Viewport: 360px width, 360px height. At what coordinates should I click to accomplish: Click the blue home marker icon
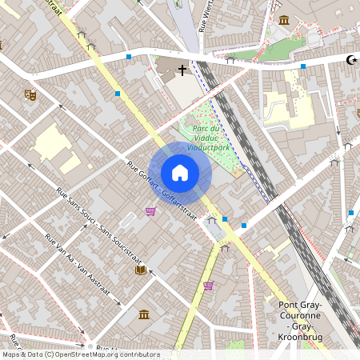click(180, 172)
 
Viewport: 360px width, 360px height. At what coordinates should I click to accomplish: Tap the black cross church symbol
click(182, 70)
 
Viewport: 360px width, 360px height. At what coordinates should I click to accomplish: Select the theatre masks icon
click(30, 94)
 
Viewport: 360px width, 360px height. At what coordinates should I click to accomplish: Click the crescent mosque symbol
click(350, 59)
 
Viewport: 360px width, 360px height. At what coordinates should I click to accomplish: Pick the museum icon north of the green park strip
click(284, 20)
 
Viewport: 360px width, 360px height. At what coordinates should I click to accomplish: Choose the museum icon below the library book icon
click(144, 314)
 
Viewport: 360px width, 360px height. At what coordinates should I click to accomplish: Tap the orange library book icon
click(141, 270)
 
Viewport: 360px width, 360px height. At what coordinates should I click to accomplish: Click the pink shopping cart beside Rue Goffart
click(150, 211)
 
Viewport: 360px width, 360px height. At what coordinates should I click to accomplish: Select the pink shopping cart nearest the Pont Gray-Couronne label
click(209, 285)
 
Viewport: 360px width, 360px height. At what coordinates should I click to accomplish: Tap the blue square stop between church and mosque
click(302, 66)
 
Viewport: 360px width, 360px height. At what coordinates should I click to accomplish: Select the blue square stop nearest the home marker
click(225, 218)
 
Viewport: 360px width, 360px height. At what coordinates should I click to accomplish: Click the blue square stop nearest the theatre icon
click(118, 94)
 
